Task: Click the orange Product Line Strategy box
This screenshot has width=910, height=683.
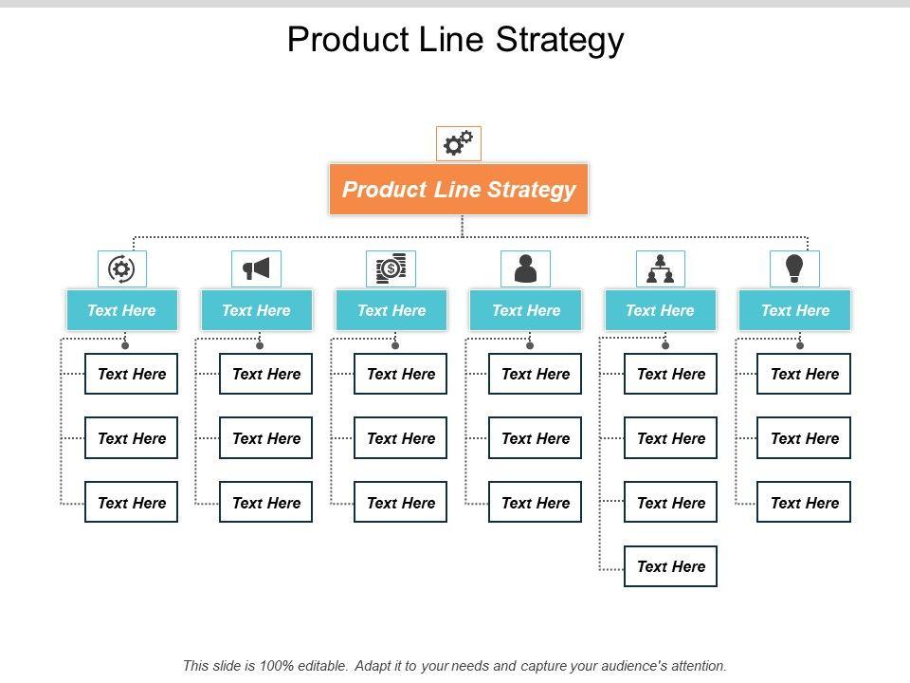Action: [x=459, y=190]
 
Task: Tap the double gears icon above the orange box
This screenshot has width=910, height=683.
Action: [x=459, y=143]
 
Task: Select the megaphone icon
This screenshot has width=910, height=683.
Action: [x=256, y=268]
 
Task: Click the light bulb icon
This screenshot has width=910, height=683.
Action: [x=794, y=268]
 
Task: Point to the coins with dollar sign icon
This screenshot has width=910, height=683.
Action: [x=391, y=268]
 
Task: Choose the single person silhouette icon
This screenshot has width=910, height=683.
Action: [x=525, y=268]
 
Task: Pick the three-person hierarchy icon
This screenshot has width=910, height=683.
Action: [x=660, y=268]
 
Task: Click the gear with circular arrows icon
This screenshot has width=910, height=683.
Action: [x=121, y=268]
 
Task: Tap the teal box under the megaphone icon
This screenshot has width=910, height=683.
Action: [x=257, y=310]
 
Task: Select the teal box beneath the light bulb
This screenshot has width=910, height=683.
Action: [x=794, y=310]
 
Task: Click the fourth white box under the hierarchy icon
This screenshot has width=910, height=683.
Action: [x=670, y=566]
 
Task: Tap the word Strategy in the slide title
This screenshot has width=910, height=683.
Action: [x=560, y=40]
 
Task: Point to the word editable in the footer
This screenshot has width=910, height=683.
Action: [x=321, y=666]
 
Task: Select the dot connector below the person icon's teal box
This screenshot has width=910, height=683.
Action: [x=530, y=345]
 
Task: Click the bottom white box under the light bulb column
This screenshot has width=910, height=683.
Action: [x=804, y=502]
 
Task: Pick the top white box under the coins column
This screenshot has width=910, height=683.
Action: [x=400, y=374]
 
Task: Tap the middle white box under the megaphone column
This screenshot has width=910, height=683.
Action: [x=265, y=438]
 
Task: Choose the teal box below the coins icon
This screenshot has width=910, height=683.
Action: [x=391, y=310]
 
